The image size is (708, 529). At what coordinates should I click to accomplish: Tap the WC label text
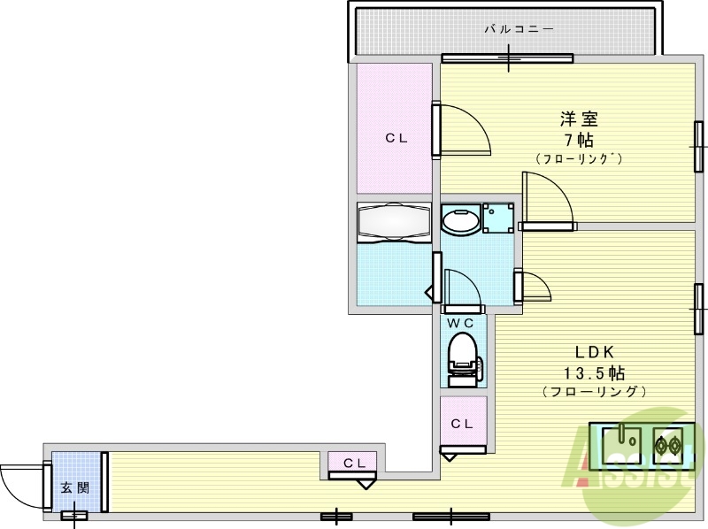[460, 323]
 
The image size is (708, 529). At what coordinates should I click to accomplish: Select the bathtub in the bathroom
[394, 222]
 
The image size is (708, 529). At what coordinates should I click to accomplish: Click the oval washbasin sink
[460, 220]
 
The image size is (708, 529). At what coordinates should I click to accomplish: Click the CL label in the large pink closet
[395, 137]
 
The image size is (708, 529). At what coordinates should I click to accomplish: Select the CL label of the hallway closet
[353, 462]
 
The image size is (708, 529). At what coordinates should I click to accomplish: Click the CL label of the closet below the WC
[462, 424]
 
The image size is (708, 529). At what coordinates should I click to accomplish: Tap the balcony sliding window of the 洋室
[508, 60]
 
